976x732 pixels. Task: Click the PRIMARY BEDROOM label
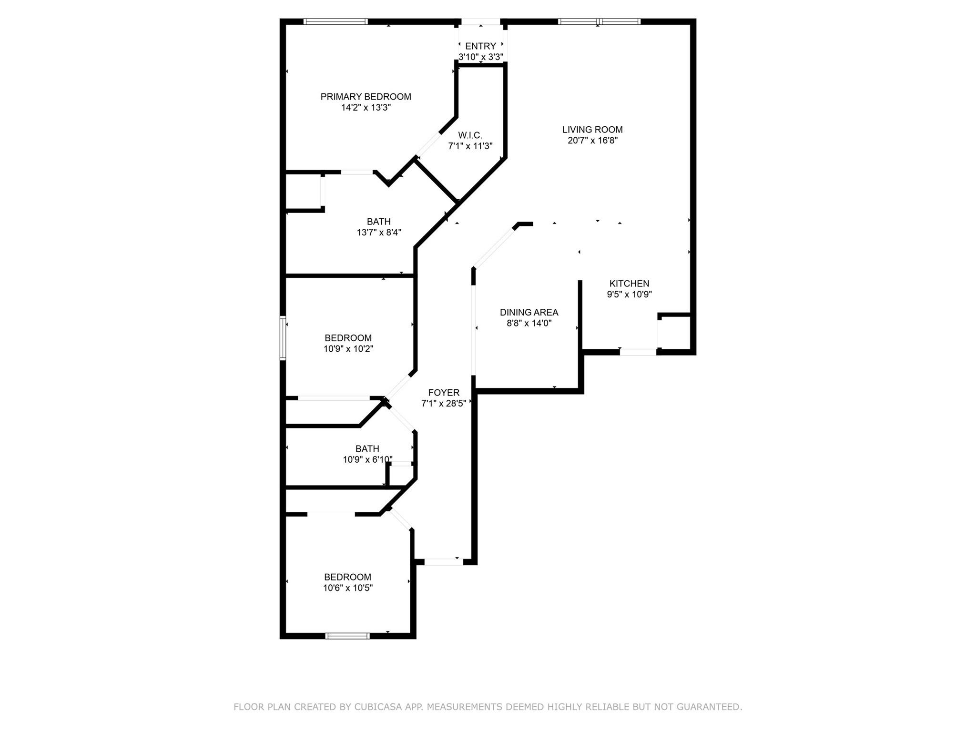point(366,97)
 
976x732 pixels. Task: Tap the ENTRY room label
point(480,46)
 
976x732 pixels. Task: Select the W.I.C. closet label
point(470,135)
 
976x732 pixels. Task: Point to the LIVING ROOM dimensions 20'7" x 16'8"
point(592,141)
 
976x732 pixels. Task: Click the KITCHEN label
point(629,284)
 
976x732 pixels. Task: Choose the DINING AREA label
point(529,313)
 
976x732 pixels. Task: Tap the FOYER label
point(444,393)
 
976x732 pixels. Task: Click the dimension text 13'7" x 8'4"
point(379,233)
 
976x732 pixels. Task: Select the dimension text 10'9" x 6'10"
point(367,460)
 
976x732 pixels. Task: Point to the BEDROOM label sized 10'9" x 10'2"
point(348,338)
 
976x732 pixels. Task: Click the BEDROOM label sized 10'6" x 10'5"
point(347,577)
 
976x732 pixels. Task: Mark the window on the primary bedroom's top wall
point(335,21)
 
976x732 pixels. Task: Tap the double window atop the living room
point(599,21)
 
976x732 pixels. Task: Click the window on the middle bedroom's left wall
point(283,338)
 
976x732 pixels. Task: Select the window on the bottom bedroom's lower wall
point(347,636)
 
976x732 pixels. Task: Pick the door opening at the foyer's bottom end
point(443,562)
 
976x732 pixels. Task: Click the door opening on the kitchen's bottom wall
point(638,352)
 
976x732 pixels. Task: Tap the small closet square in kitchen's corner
point(674,333)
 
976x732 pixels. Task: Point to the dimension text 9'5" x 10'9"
point(629,295)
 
